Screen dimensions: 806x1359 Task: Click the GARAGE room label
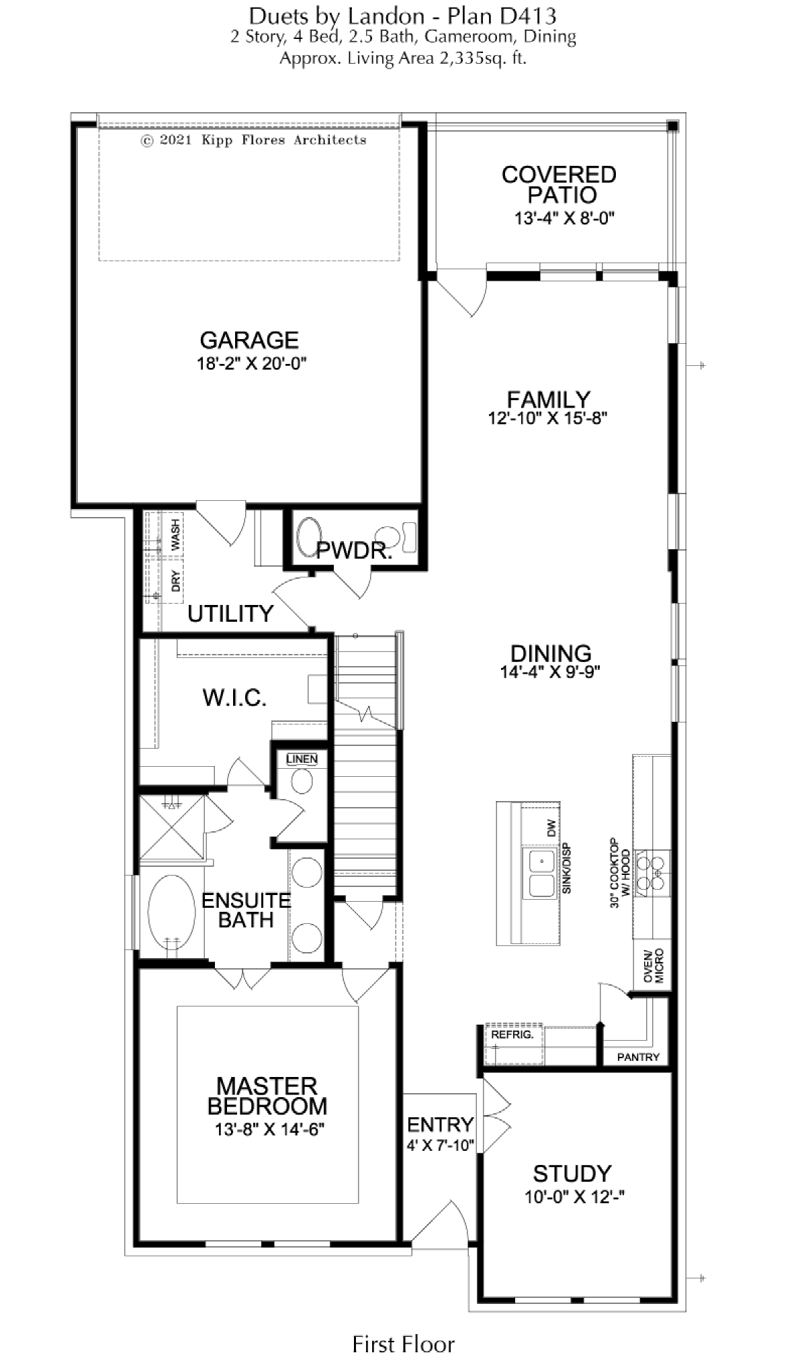point(249,340)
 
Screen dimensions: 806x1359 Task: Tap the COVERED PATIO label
point(559,185)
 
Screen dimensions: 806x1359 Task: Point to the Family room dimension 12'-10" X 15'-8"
point(548,418)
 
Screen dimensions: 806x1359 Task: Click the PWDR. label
point(354,551)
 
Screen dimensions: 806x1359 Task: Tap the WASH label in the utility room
point(175,534)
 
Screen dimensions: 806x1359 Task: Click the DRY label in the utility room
point(176,581)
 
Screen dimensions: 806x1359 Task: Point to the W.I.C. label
point(234,698)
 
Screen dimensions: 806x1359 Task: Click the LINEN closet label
point(302,759)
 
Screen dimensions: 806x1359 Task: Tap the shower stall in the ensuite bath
point(172,827)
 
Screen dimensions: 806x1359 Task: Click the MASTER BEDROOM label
point(267,1096)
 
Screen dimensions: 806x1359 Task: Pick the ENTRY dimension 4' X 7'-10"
point(441,1145)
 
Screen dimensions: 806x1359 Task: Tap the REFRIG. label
point(512,1035)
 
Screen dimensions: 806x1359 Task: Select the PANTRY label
point(638,1057)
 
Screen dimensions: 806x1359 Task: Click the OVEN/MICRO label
point(654,966)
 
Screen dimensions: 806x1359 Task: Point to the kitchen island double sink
point(540,873)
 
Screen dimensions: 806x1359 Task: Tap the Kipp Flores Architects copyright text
point(254,140)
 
